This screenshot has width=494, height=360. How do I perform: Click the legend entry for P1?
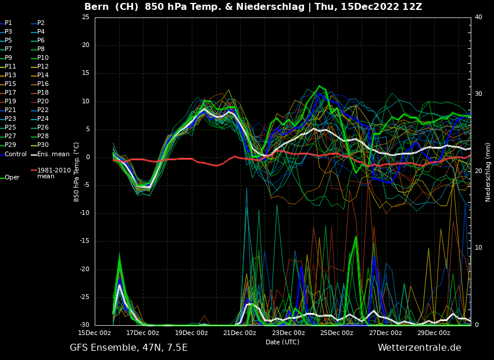coord(8,23)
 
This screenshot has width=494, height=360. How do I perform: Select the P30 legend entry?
coord(43,145)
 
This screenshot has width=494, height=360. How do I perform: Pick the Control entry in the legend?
coord(16,154)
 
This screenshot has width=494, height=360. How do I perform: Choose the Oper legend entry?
coord(12,178)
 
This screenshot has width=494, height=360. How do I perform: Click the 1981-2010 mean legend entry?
coord(53,173)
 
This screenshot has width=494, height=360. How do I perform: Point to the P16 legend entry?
coord(43,84)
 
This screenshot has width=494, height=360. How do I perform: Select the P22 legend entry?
coord(43,110)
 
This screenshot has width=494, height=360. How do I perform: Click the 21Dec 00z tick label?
coord(239,333)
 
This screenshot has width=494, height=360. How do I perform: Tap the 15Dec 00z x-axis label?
coord(95,333)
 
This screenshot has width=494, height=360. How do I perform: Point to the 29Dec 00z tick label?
coord(434,333)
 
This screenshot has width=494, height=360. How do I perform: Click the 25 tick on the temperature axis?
coord(85,17)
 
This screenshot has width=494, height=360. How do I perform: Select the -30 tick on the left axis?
coord(84,325)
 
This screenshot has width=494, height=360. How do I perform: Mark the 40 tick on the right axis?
coord(478,17)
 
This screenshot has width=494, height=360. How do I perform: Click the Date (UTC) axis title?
coord(282,342)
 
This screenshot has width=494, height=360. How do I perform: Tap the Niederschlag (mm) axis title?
coord(488,172)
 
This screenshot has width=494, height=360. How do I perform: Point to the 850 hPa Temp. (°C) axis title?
coord(77,172)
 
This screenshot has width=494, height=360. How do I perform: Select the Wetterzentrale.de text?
coord(419,348)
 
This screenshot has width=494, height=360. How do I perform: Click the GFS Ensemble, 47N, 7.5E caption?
coord(128,348)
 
